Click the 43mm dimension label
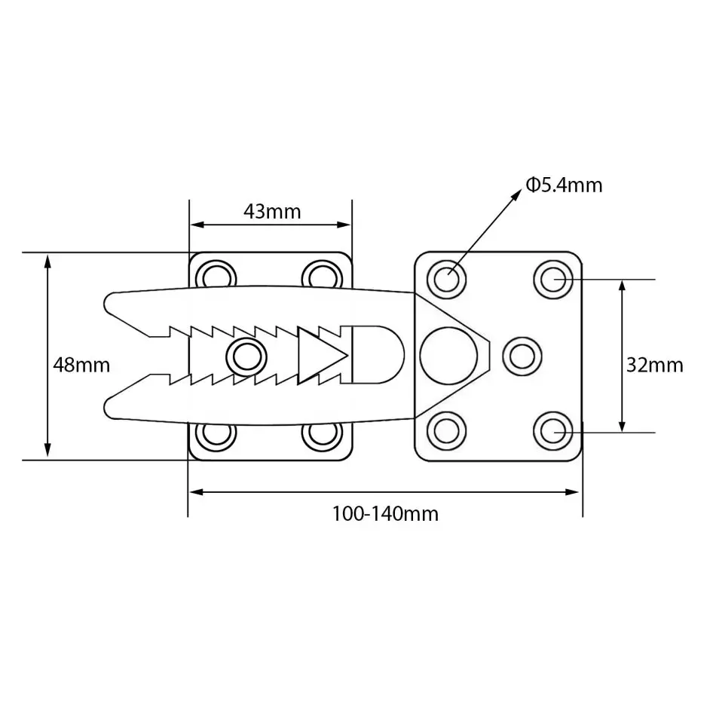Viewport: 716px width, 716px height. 271,212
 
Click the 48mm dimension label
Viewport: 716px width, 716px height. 81,366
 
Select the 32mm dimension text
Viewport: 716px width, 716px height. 654,366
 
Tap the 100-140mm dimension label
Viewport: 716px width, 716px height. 385,514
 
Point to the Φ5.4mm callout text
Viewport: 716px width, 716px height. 564,185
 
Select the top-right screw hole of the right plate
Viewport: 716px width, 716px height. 552,279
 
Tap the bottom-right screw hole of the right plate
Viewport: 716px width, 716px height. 552,432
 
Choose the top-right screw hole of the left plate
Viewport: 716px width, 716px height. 321,274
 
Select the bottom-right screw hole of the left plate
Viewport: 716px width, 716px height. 321,435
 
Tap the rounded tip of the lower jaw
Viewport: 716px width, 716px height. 109,408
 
